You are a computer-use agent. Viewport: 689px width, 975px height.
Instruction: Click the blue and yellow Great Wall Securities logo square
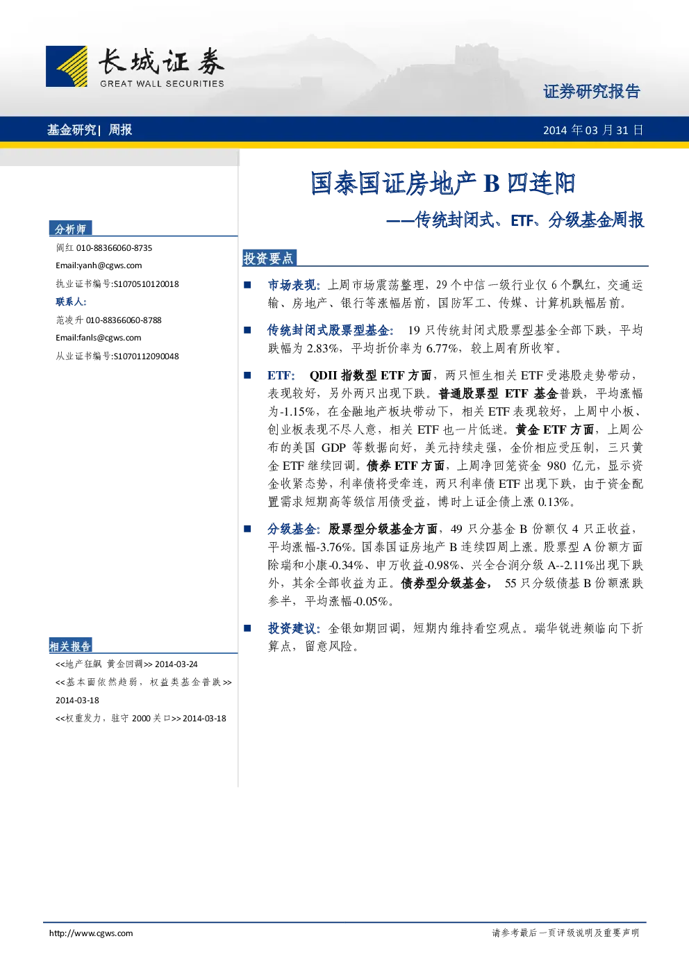(x=67, y=66)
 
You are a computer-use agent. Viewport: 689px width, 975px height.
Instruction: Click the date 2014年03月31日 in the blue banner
(x=593, y=130)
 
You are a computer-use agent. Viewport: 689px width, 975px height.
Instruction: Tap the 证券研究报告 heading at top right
(x=592, y=92)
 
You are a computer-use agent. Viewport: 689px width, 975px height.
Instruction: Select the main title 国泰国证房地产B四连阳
(x=443, y=183)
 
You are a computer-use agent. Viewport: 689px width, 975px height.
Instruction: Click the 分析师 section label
(x=70, y=229)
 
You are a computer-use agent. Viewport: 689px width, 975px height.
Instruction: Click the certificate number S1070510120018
(x=146, y=284)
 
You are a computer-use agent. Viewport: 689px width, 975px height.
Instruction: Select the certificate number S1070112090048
(x=146, y=357)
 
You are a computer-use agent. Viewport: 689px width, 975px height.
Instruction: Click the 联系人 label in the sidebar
(x=71, y=302)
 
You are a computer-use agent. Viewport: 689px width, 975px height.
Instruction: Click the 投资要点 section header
(x=268, y=258)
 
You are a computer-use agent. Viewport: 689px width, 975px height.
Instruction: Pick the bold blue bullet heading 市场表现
(x=292, y=285)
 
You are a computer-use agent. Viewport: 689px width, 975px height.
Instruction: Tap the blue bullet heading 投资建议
(x=292, y=628)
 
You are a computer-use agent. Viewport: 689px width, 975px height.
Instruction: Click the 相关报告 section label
(x=70, y=646)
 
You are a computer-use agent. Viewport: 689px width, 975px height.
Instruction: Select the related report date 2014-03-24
(x=176, y=664)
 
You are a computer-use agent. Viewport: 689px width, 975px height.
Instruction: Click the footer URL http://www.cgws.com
(x=91, y=933)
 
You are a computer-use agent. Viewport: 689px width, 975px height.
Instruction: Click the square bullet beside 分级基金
(x=247, y=529)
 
